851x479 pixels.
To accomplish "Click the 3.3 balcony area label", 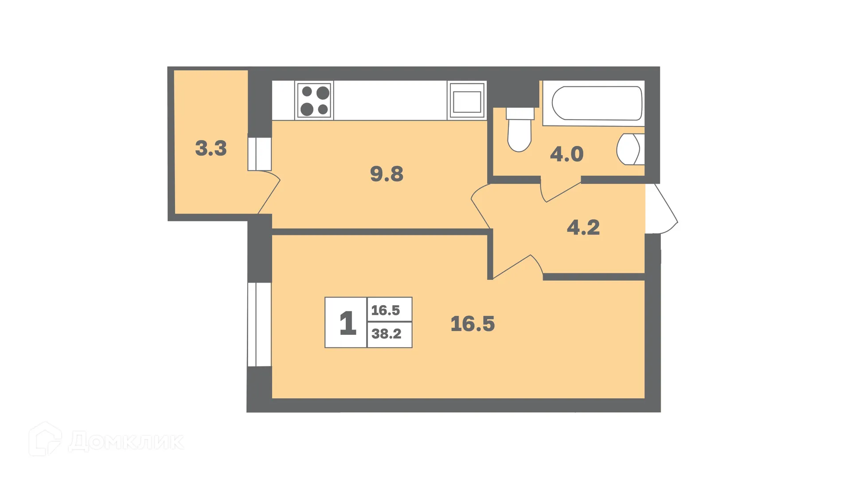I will [211, 148].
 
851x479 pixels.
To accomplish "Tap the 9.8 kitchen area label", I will [386, 174].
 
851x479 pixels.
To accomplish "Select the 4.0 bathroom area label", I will [566, 154].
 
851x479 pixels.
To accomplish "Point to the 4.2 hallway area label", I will [583, 228].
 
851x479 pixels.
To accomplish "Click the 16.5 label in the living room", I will [472, 324].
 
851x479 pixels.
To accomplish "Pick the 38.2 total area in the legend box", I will [386, 334].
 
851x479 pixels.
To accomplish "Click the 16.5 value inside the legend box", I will [386, 310].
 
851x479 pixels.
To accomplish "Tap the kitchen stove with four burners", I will [315, 101].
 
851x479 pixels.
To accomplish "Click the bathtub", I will [597, 103].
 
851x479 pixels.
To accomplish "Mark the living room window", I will [259, 324].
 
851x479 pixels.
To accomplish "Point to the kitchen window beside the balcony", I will [260, 154].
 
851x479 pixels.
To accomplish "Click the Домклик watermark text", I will [126, 441].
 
